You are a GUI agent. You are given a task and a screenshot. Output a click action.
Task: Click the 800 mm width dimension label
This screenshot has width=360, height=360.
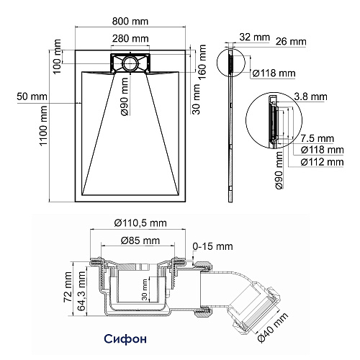(130, 22)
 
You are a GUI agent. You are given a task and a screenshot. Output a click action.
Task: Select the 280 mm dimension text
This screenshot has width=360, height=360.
(130, 38)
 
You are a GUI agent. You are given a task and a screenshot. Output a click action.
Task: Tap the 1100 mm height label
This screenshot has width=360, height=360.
(43, 126)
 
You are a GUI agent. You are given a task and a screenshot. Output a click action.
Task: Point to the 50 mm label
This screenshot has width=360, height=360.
(32, 96)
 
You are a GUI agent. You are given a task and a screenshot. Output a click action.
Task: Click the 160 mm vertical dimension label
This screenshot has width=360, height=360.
(202, 62)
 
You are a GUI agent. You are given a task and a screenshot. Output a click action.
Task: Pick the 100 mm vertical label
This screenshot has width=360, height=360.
(57, 57)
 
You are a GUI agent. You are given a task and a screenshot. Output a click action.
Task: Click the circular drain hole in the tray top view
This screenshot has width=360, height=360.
(130, 63)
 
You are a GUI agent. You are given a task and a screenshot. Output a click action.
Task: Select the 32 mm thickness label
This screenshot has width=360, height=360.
(255, 37)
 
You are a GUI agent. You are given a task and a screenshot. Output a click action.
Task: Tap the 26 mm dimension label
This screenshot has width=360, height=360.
(291, 42)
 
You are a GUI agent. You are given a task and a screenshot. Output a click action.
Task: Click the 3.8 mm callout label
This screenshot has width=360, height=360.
(311, 96)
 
